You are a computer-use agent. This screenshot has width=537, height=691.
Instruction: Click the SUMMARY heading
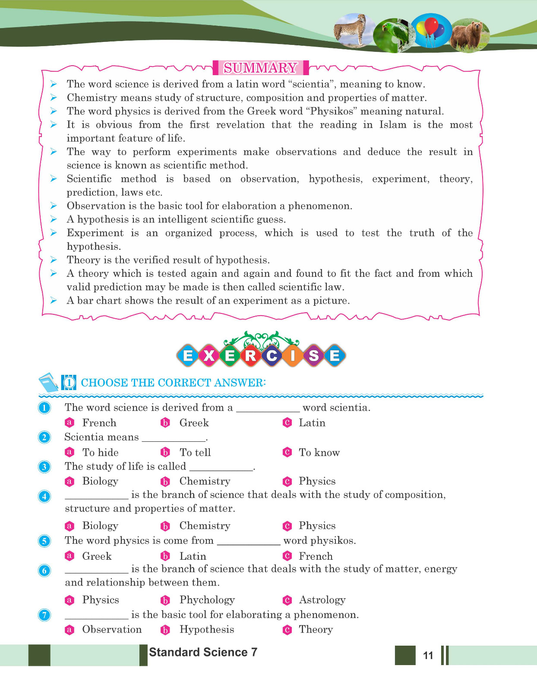tap(260, 68)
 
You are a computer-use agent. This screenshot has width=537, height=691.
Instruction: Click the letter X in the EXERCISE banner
tap(209, 356)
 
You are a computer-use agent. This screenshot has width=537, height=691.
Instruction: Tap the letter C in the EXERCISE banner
tap(272, 356)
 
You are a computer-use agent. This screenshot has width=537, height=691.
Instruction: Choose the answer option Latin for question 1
tap(312, 423)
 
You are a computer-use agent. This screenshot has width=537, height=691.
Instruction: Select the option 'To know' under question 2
tap(319, 453)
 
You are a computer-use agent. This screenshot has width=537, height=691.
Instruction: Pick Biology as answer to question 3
tap(100, 481)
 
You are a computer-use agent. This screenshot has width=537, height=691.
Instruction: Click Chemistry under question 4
tap(205, 526)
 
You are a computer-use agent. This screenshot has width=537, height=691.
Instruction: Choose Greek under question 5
tap(97, 556)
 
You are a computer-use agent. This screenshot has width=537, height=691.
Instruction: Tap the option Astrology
tap(322, 600)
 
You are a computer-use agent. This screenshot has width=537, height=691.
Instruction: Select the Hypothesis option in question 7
tap(207, 630)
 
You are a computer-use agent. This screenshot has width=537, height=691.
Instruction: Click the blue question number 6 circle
tap(44, 571)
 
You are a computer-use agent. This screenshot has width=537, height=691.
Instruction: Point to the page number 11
tap(428, 656)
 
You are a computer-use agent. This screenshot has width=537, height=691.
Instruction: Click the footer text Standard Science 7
tap(203, 652)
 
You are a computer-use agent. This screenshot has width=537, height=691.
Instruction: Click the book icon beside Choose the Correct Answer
tap(48, 382)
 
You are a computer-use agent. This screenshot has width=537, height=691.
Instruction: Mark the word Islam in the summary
tap(393, 125)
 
